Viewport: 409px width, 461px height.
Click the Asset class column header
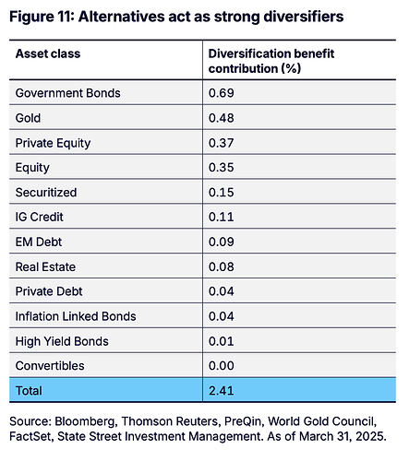[x=48, y=53]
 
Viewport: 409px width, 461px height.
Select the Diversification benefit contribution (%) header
[x=271, y=61]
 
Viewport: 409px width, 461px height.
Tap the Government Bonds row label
[x=68, y=93]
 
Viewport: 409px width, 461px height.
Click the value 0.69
[x=222, y=93]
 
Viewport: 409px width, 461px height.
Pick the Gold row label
[x=28, y=118]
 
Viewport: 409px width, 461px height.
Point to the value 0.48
[x=222, y=118]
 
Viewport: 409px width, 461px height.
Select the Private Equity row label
[x=53, y=143]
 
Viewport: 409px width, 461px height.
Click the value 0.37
[x=222, y=143]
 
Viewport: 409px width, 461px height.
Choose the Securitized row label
[x=46, y=193]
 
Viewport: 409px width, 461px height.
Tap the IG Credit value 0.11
[x=222, y=217]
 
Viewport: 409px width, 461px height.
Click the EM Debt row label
[x=39, y=242]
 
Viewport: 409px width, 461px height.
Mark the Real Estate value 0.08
[x=222, y=266]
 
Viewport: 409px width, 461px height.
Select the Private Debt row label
[x=49, y=291]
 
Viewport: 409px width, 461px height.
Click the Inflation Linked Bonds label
[x=76, y=316]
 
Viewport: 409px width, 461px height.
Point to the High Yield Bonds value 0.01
[x=222, y=341]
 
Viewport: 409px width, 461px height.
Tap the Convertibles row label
[x=50, y=366]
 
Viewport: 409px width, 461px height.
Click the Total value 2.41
[x=222, y=391]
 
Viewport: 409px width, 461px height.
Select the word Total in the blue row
[x=29, y=391]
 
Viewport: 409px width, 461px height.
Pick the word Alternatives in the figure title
[x=122, y=17]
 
